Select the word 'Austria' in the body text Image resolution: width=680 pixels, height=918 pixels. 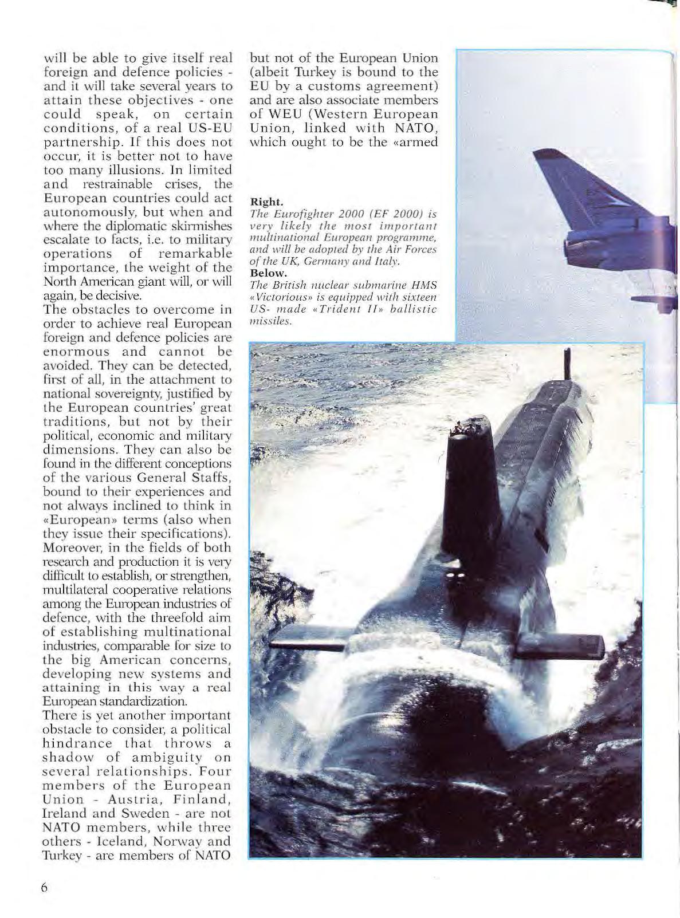(126, 799)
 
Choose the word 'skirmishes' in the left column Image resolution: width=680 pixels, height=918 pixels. (202, 226)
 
